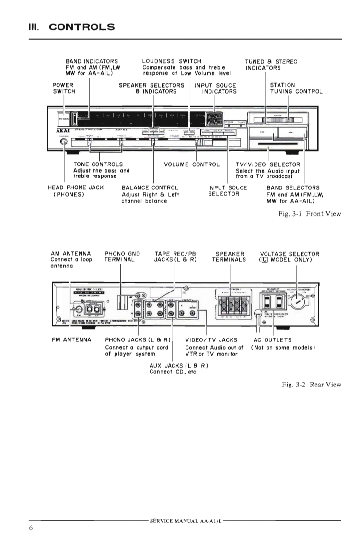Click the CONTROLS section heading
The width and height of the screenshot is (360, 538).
coord(82,27)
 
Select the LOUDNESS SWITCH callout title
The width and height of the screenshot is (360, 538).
coord(172,62)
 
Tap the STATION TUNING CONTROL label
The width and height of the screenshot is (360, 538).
coord(296,88)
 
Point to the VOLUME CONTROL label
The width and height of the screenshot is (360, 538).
coord(192,164)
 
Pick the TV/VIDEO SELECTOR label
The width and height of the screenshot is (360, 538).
coord(268,164)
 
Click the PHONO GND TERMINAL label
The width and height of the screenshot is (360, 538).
coord(119,257)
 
